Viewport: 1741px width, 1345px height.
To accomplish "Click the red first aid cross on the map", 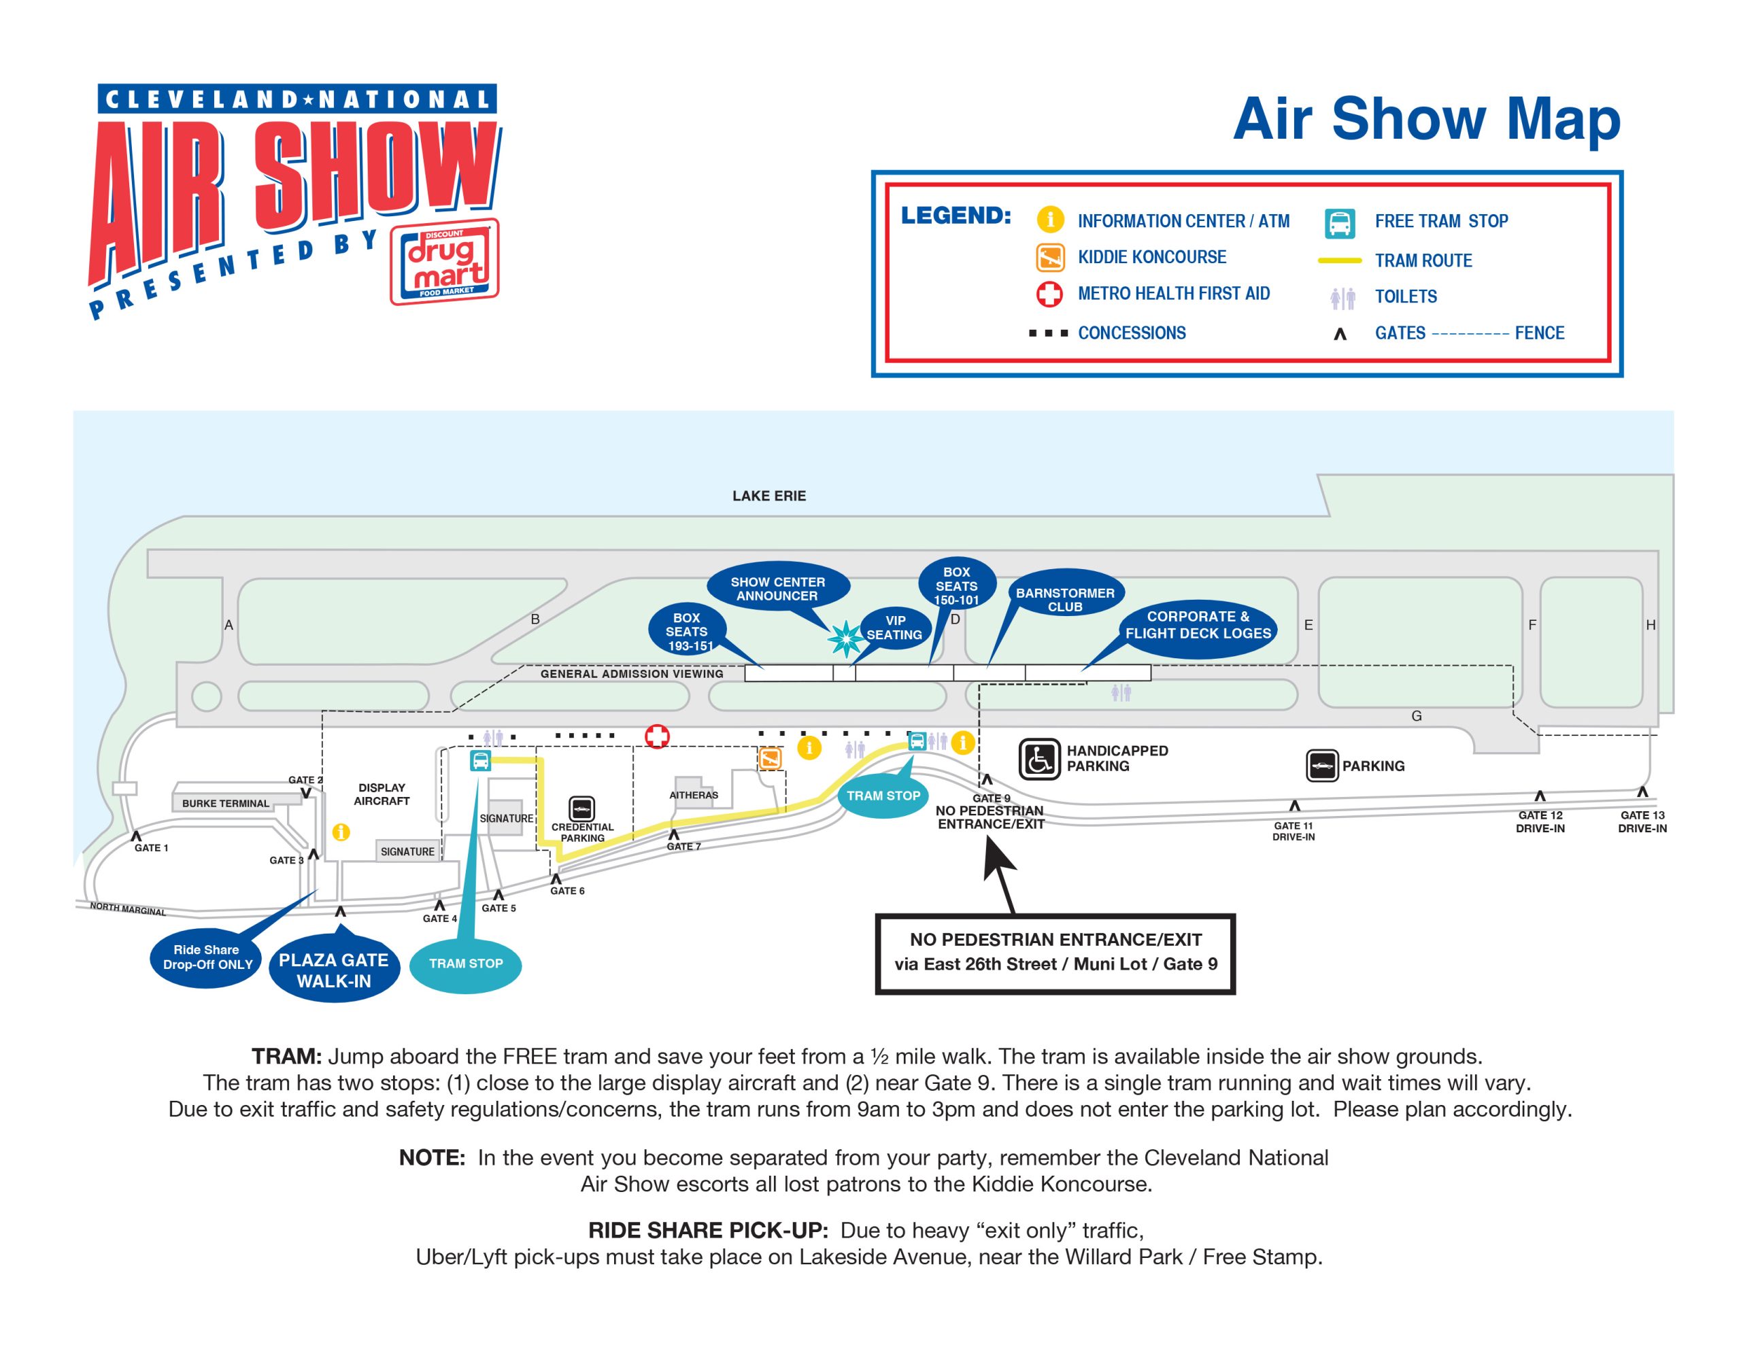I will pos(657,736).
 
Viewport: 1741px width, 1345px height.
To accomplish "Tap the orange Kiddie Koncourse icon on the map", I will pos(770,758).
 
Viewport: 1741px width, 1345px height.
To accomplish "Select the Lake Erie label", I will pos(768,496).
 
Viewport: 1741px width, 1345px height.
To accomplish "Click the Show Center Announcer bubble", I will pos(777,588).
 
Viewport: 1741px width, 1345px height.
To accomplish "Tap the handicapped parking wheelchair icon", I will pos(1038,758).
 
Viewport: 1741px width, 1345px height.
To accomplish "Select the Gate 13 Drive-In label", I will pos(1642,821).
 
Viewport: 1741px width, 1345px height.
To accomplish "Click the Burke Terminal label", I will pos(226,803).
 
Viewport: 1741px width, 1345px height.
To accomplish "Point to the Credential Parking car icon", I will pos(582,808).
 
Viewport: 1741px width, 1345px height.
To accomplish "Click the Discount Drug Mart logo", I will pos(444,262).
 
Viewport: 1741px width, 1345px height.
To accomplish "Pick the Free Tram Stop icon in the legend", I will pos(1340,223).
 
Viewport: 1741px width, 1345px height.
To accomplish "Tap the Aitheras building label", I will pos(694,795).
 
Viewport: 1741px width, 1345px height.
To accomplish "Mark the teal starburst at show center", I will pos(845,639).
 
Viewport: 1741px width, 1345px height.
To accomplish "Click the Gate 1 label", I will pos(151,847).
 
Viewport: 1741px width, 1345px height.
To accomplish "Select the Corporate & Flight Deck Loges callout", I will pos(1198,625).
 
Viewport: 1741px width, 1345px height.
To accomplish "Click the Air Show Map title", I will pos(1426,120).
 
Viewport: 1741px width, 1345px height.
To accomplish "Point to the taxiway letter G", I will pos(1417,716).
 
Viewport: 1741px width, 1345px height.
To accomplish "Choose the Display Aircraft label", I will pos(382,794).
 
